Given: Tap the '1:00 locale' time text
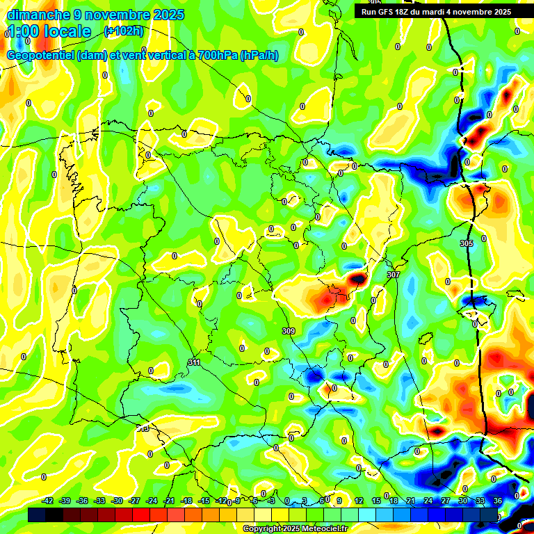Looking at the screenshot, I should pos(49,31).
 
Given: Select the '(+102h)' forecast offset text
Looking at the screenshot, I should pos(124,31).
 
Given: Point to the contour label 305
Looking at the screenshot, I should pos(467,244).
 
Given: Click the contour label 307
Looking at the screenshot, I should pos(394,275).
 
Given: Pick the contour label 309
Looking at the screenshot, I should pos(289,331).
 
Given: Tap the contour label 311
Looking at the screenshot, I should pos(194,363).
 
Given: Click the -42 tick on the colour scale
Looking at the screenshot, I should pos(48,501).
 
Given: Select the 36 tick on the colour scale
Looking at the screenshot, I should pos(497,501).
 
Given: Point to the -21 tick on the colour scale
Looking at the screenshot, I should pos(169,501).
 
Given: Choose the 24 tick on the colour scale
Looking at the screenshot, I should pos(428,501).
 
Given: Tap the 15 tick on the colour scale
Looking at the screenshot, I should pos(375,501).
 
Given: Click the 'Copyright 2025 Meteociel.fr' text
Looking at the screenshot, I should pos(295,528).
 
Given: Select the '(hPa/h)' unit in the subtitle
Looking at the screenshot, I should pos(259,56).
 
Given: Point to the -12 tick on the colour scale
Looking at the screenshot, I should pos(220,501).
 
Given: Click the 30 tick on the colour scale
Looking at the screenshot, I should pos(462,501).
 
